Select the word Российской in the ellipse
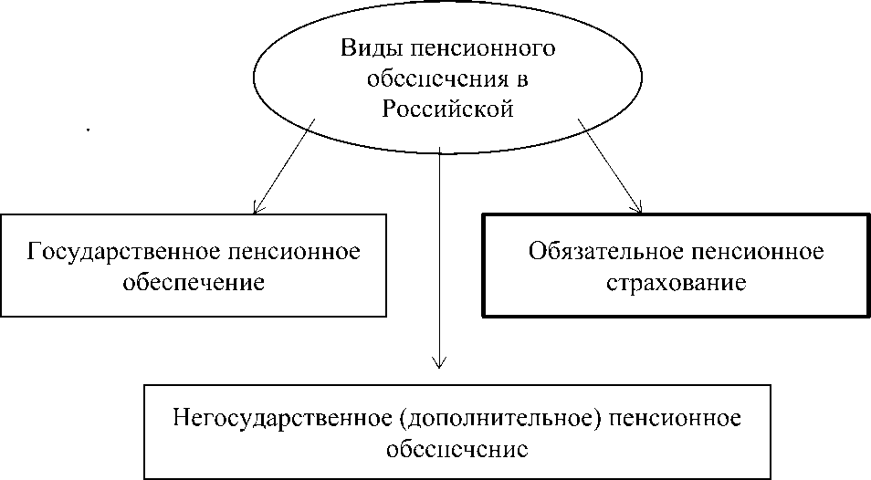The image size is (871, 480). click(x=448, y=110)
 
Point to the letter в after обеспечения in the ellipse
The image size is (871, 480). click(x=522, y=79)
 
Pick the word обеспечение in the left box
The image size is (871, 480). click(x=193, y=282)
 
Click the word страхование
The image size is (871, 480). click(x=677, y=283)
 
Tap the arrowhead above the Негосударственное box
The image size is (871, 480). click(x=440, y=363)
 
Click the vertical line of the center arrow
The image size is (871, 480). click(x=440, y=256)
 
